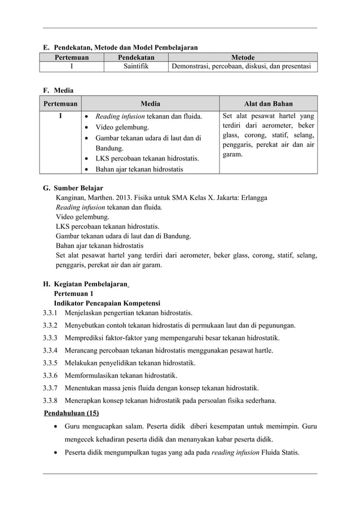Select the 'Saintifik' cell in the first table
[136, 67]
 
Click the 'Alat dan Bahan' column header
[268, 103]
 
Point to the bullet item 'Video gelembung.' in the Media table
[122, 128]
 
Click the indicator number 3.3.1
[51, 313]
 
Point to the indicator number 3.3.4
[51, 351]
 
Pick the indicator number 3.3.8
[51, 401]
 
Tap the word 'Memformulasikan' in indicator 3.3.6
[91, 376]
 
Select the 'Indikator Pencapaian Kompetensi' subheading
[107, 303]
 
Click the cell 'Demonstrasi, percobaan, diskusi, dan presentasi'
[241, 67]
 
